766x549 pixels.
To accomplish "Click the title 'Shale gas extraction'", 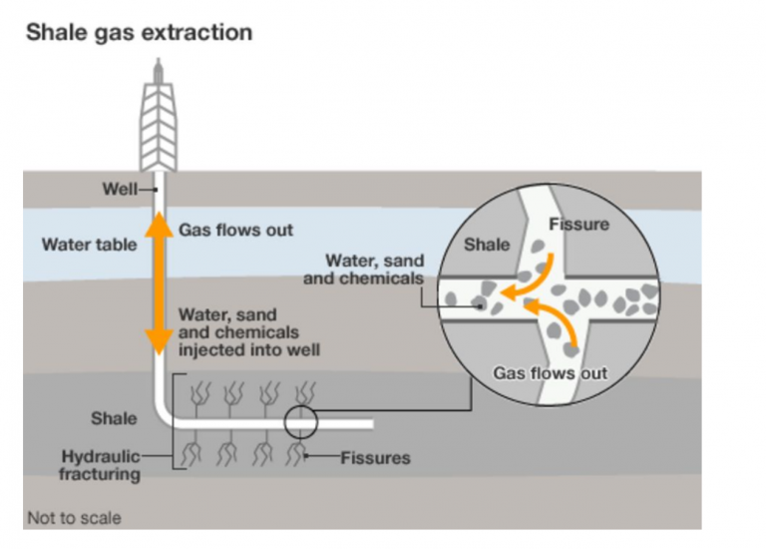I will coord(139,32).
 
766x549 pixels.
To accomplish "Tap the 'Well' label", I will coord(119,189).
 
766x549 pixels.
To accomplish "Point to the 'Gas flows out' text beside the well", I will coord(236,230).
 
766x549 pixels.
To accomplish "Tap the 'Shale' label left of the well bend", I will coord(113,417).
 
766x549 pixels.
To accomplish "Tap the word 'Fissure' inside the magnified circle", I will coord(578,225).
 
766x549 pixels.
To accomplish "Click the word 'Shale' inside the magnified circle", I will coord(487,244).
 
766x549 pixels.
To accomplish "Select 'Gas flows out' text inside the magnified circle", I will coord(551,373).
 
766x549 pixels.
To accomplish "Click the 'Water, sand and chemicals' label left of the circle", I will coord(362,271).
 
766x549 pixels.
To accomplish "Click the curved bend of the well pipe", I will coord(167,414).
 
